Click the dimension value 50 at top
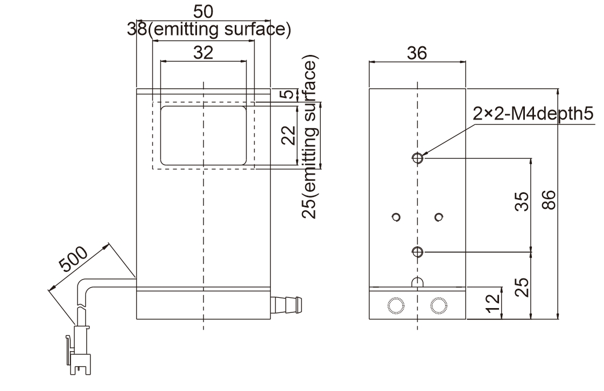tap(203, 12)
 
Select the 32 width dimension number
tap(203, 52)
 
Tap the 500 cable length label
tap(73, 259)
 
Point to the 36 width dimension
tap(417, 53)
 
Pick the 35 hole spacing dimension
tap(522, 201)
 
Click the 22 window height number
tap(288, 135)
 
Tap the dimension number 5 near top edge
tap(288, 94)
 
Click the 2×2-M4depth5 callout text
tap(533, 114)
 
